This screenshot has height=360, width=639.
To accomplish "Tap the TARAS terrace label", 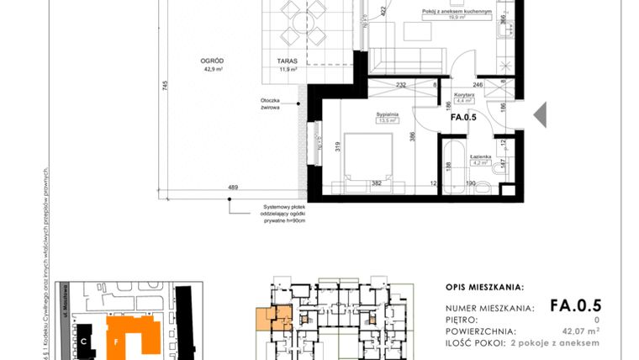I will (288, 61).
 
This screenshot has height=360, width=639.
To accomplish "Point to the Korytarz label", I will (463, 95).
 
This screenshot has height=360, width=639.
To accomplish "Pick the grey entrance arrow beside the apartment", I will (540, 114).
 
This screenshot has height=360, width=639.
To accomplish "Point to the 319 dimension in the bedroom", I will (336, 147).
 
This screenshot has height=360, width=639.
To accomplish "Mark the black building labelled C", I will (85, 341).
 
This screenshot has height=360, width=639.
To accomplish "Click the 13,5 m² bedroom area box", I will (387, 119).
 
